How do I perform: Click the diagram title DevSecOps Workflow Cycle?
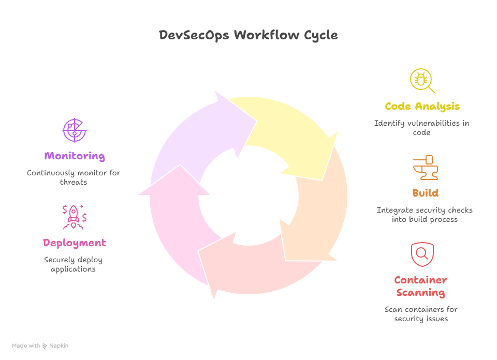(x=248, y=35)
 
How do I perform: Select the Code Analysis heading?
(x=422, y=107)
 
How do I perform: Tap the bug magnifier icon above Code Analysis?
(x=421, y=81)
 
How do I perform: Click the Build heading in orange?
(x=425, y=193)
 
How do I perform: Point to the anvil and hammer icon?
(x=425, y=168)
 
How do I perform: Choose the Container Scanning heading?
(x=421, y=287)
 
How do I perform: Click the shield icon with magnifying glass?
(x=422, y=254)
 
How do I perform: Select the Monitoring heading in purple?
(x=75, y=156)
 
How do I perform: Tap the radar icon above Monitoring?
(x=74, y=130)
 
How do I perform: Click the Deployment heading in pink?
(x=75, y=243)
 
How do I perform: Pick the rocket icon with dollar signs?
(x=74, y=217)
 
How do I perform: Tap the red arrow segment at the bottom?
(x=254, y=269)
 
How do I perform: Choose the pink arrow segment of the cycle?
(x=173, y=222)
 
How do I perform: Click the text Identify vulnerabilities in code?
(x=421, y=128)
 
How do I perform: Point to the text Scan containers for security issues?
(x=421, y=314)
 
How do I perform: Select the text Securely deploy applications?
(x=74, y=264)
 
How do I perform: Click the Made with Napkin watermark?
(x=40, y=346)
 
